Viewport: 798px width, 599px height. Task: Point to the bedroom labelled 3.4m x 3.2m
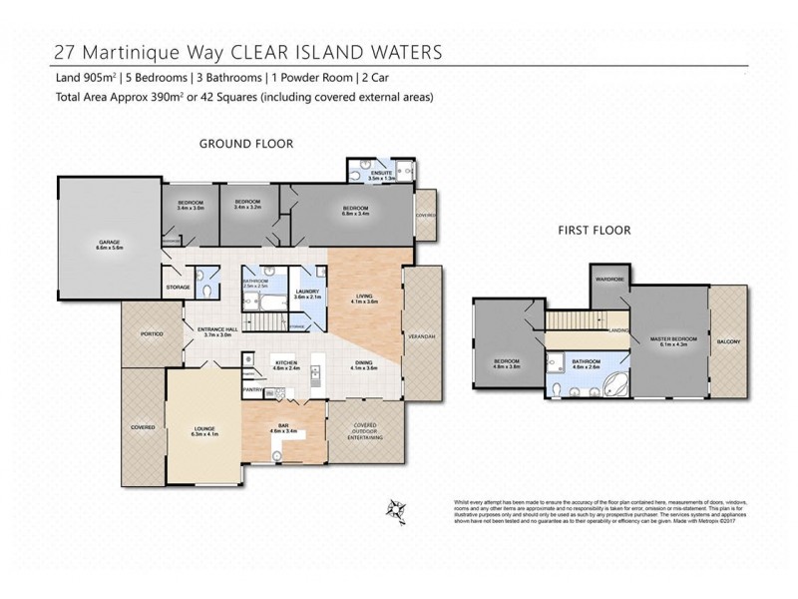[247, 205]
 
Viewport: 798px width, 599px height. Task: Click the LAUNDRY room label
[307, 294]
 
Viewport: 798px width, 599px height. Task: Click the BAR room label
[284, 427]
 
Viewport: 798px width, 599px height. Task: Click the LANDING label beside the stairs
[618, 330]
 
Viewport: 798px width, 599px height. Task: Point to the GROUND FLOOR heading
[246, 144]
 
